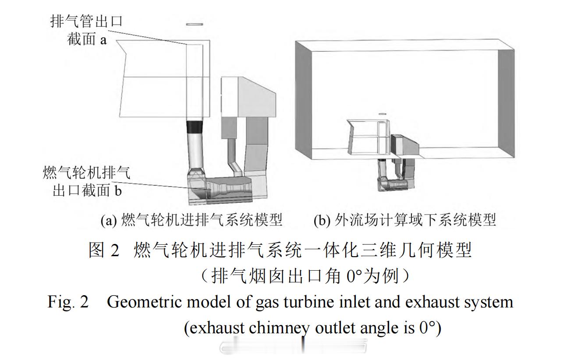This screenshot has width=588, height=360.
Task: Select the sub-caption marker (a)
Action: [x=109, y=220]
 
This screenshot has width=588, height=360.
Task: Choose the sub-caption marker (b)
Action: [x=322, y=220]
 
